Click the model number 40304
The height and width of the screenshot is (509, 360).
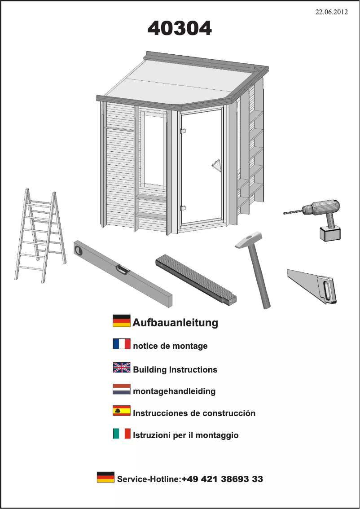(x=180, y=28)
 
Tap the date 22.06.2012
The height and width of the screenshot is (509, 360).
(x=331, y=12)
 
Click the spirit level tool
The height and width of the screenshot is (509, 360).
(x=123, y=273)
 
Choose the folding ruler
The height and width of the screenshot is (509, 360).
(x=196, y=280)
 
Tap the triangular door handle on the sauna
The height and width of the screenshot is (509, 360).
(x=216, y=168)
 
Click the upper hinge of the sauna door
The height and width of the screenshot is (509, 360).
(x=183, y=131)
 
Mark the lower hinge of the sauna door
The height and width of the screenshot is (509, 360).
(x=183, y=208)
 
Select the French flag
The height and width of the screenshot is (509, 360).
(x=122, y=344)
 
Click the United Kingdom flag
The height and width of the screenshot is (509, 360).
(x=122, y=368)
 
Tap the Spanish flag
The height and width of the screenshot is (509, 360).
(x=122, y=410)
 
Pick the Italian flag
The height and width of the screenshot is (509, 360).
(x=122, y=433)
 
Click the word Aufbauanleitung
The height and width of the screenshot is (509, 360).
(x=176, y=323)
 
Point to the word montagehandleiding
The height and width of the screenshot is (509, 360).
(x=174, y=391)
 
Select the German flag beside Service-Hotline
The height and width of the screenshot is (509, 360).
(x=105, y=477)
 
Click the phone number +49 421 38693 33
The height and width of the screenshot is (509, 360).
(x=222, y=479)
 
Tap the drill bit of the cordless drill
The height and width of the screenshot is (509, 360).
(x=293, y=211)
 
